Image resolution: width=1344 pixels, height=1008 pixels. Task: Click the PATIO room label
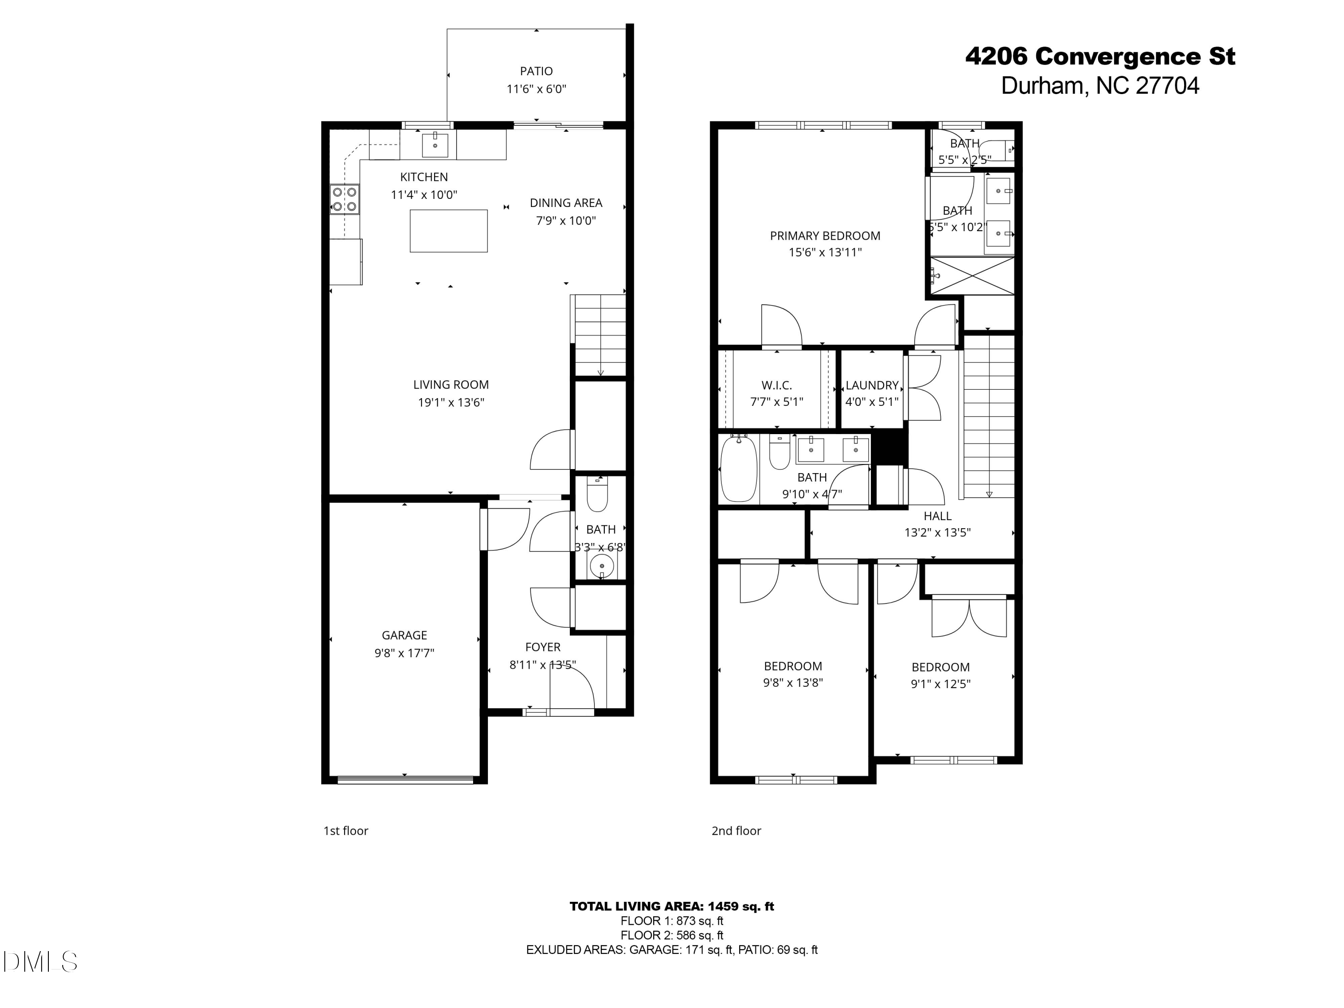click(536, 71)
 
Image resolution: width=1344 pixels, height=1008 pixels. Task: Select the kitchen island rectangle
click(448, 230)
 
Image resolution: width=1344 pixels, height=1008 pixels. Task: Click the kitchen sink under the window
click(435, 145)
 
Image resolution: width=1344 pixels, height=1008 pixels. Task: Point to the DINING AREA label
click(566, 203)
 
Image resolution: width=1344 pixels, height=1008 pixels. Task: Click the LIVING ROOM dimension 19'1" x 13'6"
click(451, 402)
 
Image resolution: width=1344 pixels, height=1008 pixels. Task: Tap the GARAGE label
click(404, 635)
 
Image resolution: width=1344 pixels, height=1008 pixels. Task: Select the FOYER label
click(543, 647)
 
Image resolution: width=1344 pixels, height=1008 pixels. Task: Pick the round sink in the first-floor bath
click(601, 566)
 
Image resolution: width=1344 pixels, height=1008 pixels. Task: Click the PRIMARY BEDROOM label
click(824, 236)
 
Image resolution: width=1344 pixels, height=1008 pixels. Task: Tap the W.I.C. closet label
click(776, 385)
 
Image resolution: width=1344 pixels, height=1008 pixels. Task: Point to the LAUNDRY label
click(871, 385)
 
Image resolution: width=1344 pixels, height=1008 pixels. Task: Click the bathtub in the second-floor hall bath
click(738, 468)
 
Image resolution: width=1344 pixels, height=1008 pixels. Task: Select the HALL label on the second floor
click(937, 516)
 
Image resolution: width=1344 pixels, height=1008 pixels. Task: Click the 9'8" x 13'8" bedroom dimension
click(793, 682)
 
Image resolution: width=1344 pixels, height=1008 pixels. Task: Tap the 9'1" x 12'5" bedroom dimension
click(940, 684)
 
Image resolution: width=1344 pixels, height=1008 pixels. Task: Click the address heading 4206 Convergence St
click(1100, 56)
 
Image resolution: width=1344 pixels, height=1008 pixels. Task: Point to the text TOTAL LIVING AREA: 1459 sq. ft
click(672, 906)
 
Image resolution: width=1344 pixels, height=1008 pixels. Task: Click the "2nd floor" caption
click(736, 831)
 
